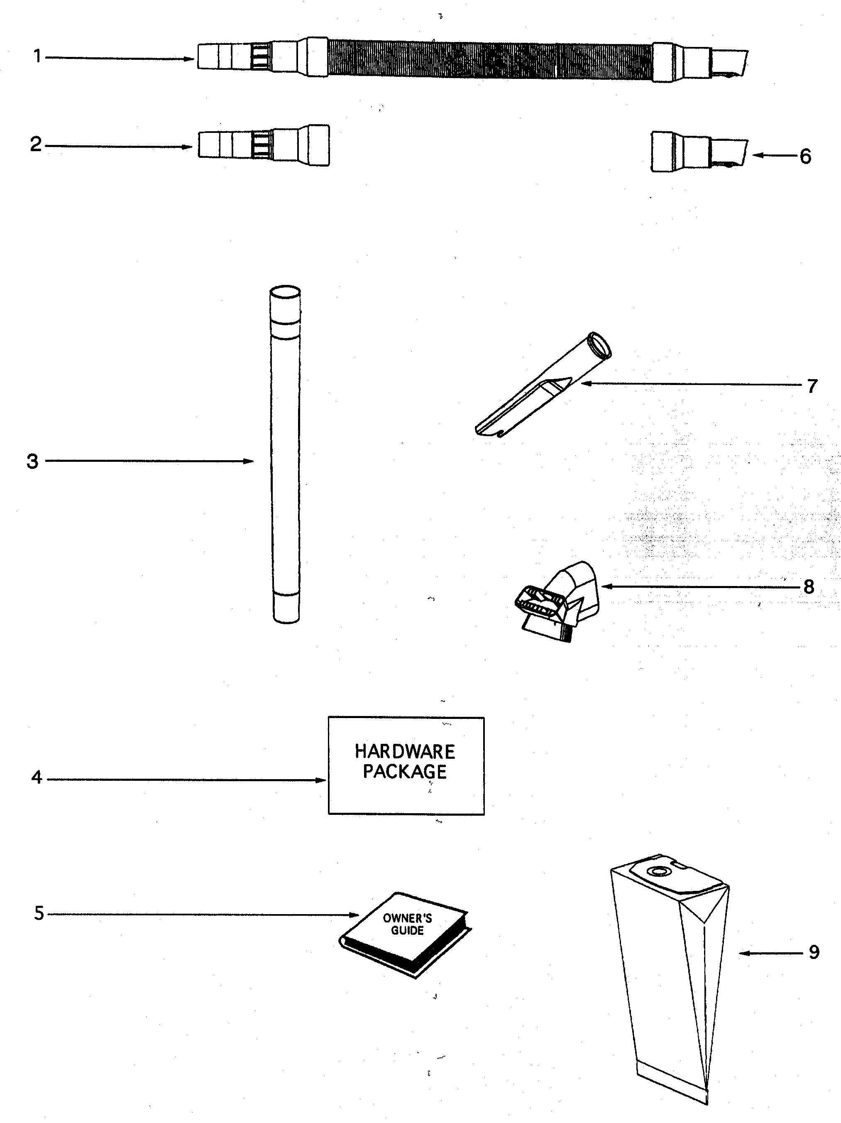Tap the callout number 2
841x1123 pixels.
[x=36, y=145]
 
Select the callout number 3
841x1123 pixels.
[x=32, y=461]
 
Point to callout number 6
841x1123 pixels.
[x=805, y=157]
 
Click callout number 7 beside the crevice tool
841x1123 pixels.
[x=812, y=386]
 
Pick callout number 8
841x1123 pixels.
[x=809, y=587]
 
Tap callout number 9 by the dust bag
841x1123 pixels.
[x=814, y=952]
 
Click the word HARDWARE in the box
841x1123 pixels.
[x=404, y=751]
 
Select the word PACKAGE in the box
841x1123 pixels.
[x=404, y=772]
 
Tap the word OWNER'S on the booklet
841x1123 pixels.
[x=407, y=918]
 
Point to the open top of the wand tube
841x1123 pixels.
[x=285, y=292]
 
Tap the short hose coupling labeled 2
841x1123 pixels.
[x=264, y=146]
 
